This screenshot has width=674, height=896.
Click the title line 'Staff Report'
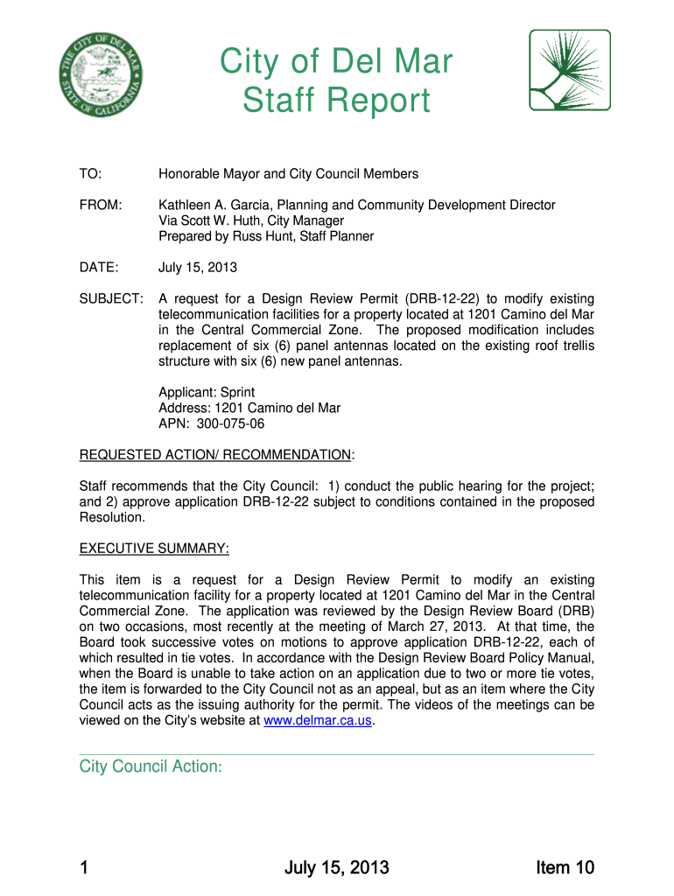point(336,101)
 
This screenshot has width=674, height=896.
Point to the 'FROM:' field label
point(100,205)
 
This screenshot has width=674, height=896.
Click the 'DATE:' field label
point(98,267)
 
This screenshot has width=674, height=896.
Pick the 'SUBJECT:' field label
point(111,298)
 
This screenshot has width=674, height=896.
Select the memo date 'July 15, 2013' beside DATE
point(198,267)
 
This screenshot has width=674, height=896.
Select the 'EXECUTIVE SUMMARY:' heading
point(154,549)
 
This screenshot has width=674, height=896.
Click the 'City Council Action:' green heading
point(151,766)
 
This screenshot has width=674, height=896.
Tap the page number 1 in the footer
point(84,868)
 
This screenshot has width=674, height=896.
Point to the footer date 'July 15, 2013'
point(336,868)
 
